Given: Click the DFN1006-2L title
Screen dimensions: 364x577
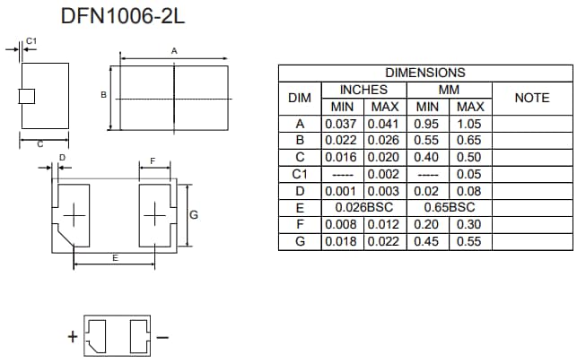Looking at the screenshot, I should (125, 15).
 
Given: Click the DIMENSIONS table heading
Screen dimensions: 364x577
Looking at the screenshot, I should (425, 73).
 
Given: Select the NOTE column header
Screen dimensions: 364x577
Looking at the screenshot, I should (531, 98).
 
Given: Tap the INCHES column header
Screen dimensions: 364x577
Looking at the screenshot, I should (363, 90).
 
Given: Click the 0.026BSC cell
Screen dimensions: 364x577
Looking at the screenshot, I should (363, 207).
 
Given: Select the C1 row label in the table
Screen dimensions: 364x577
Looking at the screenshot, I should (300, 174).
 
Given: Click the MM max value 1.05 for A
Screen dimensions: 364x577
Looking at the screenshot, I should (469, 124).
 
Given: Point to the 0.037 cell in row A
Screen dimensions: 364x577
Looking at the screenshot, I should (342, 124).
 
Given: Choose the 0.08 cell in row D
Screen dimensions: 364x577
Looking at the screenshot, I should (469, 191).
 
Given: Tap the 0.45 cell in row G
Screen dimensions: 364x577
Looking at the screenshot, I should (427, 241).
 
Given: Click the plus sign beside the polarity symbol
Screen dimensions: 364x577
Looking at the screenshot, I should (72, 337).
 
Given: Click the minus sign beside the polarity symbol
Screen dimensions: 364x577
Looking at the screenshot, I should (162, 337).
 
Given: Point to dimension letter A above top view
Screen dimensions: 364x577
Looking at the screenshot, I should (174, 51).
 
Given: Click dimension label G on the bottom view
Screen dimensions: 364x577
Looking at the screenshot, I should (194, 214).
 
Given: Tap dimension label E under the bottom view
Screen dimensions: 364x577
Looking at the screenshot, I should (115, 258).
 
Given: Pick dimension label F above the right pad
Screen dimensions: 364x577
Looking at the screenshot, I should (153, 160).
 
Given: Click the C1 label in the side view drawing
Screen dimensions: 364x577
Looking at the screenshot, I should (31, 41).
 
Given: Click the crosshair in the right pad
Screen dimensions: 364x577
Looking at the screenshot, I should (155, 215).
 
